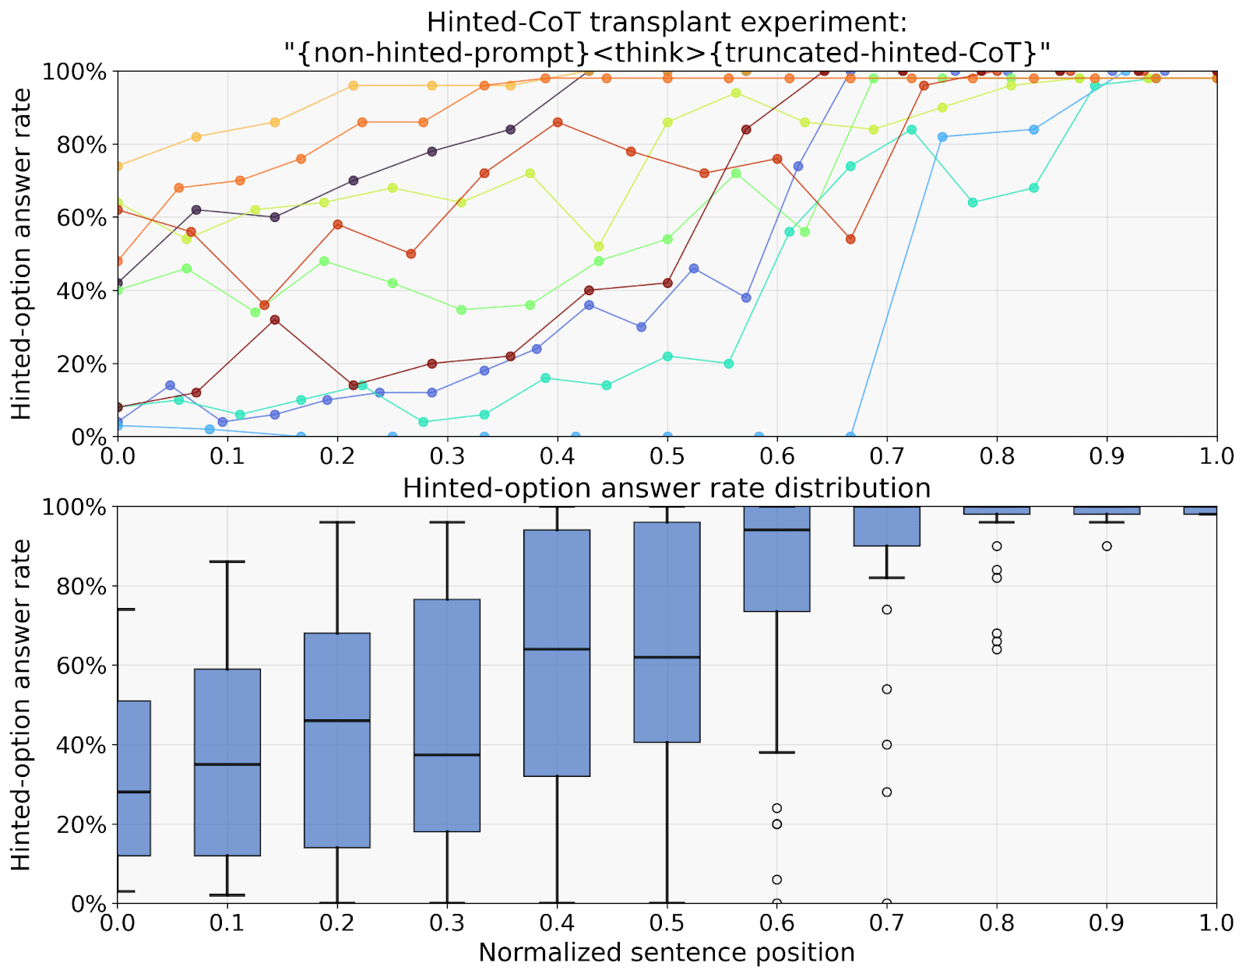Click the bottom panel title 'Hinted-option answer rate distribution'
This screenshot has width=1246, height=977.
point(667,488)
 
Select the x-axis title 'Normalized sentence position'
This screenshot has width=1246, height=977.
point(667,952)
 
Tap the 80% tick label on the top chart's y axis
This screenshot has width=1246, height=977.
point(75,145)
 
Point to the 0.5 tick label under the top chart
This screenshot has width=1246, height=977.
point(667,455)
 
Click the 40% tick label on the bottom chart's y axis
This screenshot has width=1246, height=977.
point(75,745)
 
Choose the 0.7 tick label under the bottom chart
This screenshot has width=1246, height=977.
point(886,923)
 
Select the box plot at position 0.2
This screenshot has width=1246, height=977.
point(337,740)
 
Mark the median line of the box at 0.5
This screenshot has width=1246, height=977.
point(667,657)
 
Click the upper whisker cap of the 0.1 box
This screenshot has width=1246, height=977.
point(227,561)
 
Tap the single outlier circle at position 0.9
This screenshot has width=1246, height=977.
point(1107,546)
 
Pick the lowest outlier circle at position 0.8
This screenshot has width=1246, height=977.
point(997,649)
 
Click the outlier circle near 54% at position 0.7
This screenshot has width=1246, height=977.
point(886,689)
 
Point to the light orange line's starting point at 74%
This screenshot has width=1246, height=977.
point(118,166)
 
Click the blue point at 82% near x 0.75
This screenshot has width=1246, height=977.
point(942,137)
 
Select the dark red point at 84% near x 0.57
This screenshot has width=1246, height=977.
point(746,129)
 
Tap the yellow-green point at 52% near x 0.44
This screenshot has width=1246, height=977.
point(599,247)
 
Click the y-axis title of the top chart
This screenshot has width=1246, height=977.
point(22,254)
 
